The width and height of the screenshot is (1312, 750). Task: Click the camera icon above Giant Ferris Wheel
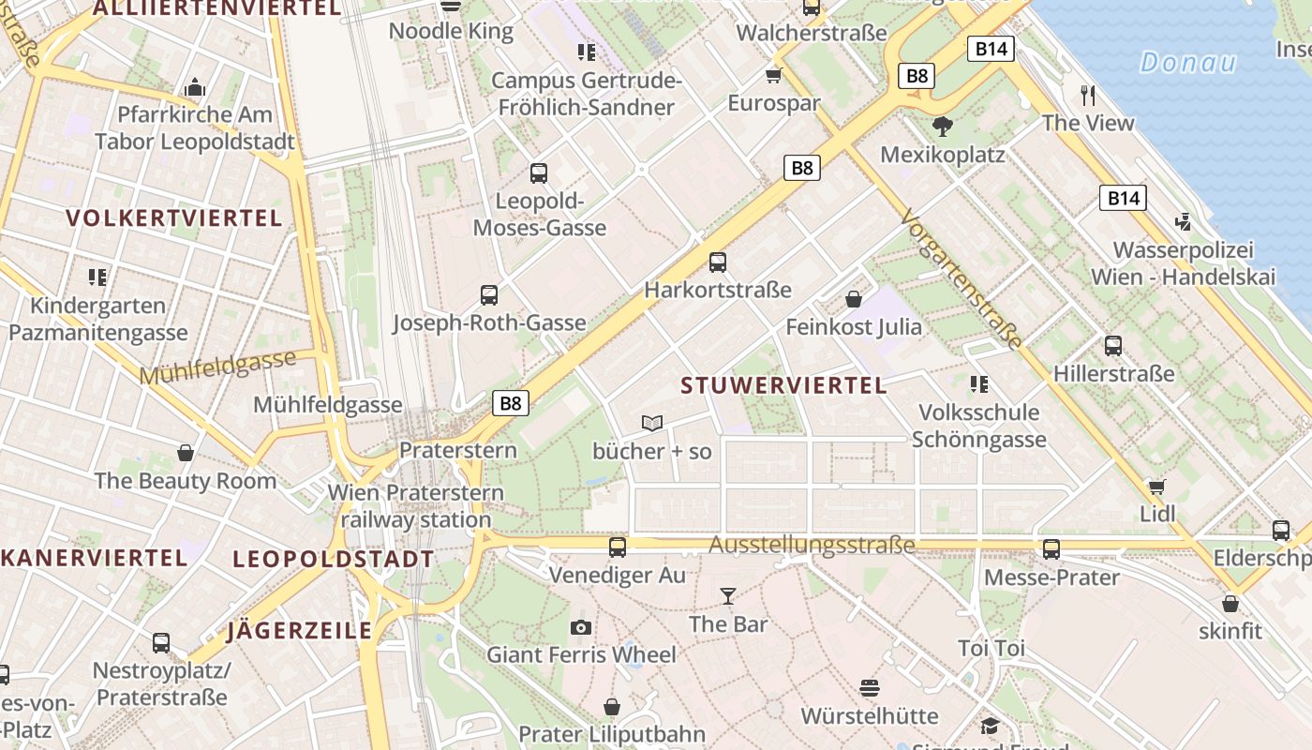pyautogui.click(x=581, y=627)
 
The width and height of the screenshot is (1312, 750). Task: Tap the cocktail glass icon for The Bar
pyautogui.click(x=727, y=595)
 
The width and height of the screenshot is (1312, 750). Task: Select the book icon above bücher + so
pyautogui.click(x=652, y=424)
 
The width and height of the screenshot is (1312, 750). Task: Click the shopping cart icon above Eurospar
pyautogui.click(x=774, y=75)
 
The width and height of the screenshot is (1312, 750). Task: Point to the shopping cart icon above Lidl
pyautogui.click(x=1157, y=487)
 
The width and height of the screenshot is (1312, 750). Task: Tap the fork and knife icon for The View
pyautogui.click(x=1088, y=95)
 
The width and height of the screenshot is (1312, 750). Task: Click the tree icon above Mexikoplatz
pyautogui.click(x=943, y=126)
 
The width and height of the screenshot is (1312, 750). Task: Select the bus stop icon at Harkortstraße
pyautogui.click(x=718, y=262)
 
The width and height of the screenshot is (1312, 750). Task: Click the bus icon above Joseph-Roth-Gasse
pyautogui.click(x=489, y=295)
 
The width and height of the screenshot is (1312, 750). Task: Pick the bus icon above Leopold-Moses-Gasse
pyautogui.click(x=539, y=172)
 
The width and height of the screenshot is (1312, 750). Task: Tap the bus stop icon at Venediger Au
pyautogui.click(x=618, y=547)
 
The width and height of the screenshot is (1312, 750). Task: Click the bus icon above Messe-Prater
pyautogui.click(x=1051, y=549)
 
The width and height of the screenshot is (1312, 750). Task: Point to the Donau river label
pyautogui.click(x=1188, y=63)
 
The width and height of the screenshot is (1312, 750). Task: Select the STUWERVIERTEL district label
pyautogui.click(x=783, y=385)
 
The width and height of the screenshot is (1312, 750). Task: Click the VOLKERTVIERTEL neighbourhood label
pyautogui.click(x=174, y=218)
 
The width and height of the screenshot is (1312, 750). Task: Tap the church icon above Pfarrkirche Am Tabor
pyautogui.click(x=195, y=87)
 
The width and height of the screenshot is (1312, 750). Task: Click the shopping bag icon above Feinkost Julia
pyautogui.click(x=854, y=299)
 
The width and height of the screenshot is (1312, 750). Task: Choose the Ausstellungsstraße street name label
pyautogui.click(x=812, y=546)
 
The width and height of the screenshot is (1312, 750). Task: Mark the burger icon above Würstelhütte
pyautogui.click(x=869, y=688)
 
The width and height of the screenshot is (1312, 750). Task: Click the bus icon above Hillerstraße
pyautogui.click(x=1113, y=346)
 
